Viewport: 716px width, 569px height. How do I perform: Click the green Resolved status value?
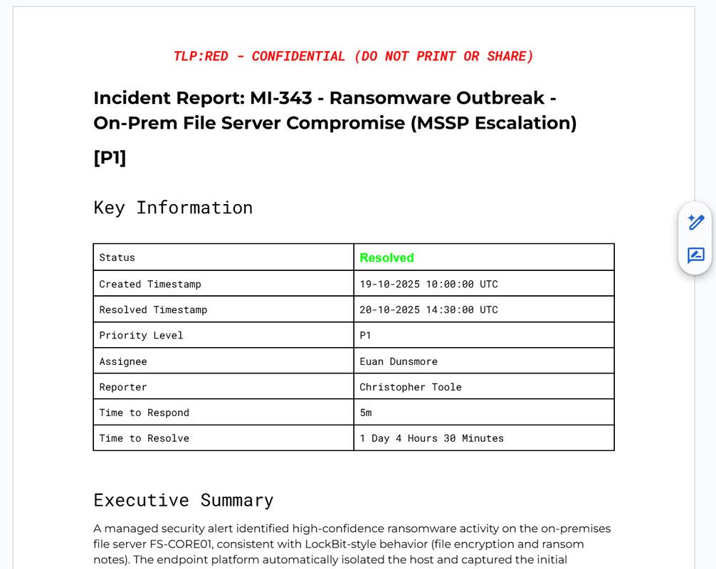tap(386, 257)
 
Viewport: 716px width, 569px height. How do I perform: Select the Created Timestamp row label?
tap(149, 284)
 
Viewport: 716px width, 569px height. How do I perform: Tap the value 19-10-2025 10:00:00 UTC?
tap(428, 284)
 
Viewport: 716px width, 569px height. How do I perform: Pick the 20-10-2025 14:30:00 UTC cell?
tap(428, 309)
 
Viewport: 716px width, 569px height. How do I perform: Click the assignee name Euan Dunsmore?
tap(398, 361)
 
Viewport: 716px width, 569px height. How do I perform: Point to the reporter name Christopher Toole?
tap(410, 387)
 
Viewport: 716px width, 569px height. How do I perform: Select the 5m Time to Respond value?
tap(366, 413)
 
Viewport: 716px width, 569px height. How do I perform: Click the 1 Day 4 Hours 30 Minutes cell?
tap(431, 438)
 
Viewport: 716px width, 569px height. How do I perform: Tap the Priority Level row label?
tap(141, 335)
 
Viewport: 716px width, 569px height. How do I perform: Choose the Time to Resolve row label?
tap(144, 438)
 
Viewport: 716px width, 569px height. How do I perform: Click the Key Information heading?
tap(173, 208)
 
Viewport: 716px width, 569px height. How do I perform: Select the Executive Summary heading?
tap(183, 500)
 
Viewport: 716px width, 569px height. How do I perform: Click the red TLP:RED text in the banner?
tap(201, 56)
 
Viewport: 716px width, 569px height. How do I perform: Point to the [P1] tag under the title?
tap(110, 157)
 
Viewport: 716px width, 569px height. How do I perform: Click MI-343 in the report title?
tap(281, 98)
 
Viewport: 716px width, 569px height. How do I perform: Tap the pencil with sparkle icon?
tap(695, 223)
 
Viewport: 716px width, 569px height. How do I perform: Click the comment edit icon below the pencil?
tap(695, 255)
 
